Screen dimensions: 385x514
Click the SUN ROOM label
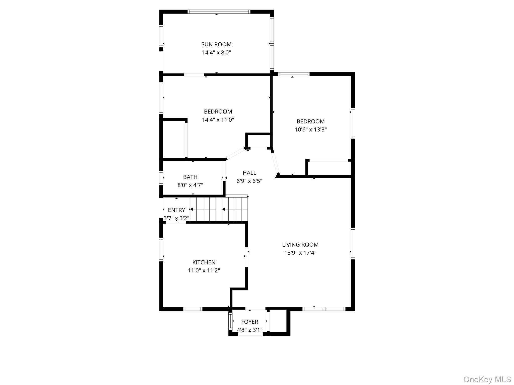pos(216,44)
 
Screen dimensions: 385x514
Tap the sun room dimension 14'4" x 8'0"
pos(216,53)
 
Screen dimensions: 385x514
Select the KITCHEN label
pos(204,262)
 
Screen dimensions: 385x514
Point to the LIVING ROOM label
pos(300,245)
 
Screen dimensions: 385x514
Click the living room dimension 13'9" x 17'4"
pos(300,253)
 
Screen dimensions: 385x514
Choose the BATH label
pos(190,177)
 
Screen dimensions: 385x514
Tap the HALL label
pos(249,173)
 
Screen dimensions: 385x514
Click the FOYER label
pos(249,322)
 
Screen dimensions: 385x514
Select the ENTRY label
pos(176,210)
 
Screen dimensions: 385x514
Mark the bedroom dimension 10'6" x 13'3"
pos(310,130)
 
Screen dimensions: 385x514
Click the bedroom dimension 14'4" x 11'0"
pos(218,120)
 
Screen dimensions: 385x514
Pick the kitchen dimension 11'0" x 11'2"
pos(204,270)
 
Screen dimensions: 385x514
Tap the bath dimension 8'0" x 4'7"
pos(190,185)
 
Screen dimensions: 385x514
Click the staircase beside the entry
pos(219,209)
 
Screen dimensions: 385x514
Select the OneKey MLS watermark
pos(487,379)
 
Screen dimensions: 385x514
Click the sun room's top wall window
pos(219,12)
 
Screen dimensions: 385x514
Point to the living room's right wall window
pos(353,243)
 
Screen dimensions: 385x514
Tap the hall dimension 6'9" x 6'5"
pos(249,181)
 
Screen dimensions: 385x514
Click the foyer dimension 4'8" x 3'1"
pos(249,330)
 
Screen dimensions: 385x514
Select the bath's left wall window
pos(161,178)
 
